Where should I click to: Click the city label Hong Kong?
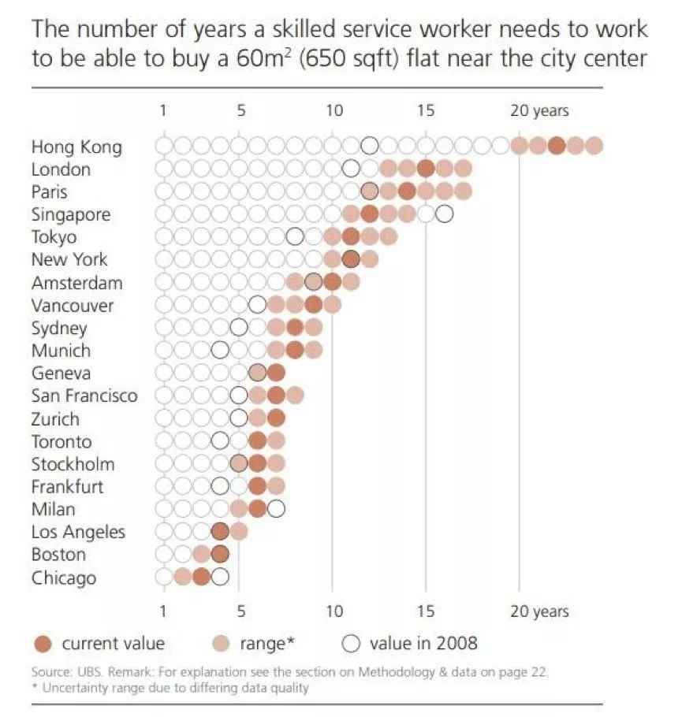tap(76, 147)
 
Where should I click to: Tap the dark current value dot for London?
tap(426, 169)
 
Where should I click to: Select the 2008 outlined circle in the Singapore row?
tap(445, 214)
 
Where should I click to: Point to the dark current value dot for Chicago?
tap(201, 578)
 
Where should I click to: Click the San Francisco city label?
tap(84, 396)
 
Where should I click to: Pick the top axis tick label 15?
tap(426, 111)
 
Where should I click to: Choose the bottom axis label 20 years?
tap(539, 611)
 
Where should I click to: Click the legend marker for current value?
tap(44, 644)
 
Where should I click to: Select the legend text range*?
tap(267, 644)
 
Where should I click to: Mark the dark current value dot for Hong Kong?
tap(557, 146)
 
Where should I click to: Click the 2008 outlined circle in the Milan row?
tap(276, 509)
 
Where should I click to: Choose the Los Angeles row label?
tap(78, 532)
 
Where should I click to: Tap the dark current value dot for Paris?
tap(407, 191)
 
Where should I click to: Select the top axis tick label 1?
tap(162, 111)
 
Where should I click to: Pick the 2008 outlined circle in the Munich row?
tap(220, 350)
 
